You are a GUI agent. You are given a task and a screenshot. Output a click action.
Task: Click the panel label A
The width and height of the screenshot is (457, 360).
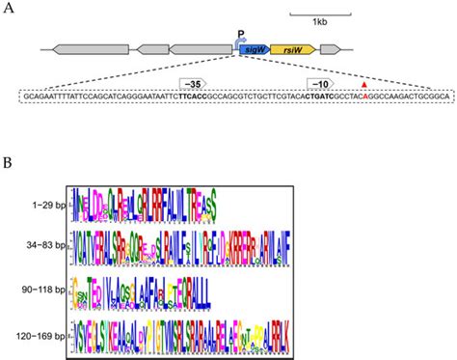tap(9, 7)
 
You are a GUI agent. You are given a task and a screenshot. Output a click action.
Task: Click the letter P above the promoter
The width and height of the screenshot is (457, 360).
tap(240, 34)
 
